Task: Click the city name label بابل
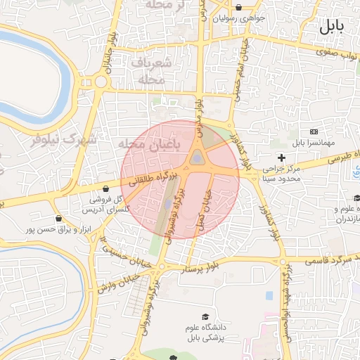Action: click(332, 27)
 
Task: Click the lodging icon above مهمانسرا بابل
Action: click(313, 132)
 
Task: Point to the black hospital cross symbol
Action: click(281, 157)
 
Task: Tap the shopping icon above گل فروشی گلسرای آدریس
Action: click(105, 188)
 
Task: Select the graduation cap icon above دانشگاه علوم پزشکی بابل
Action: click(205, 317)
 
